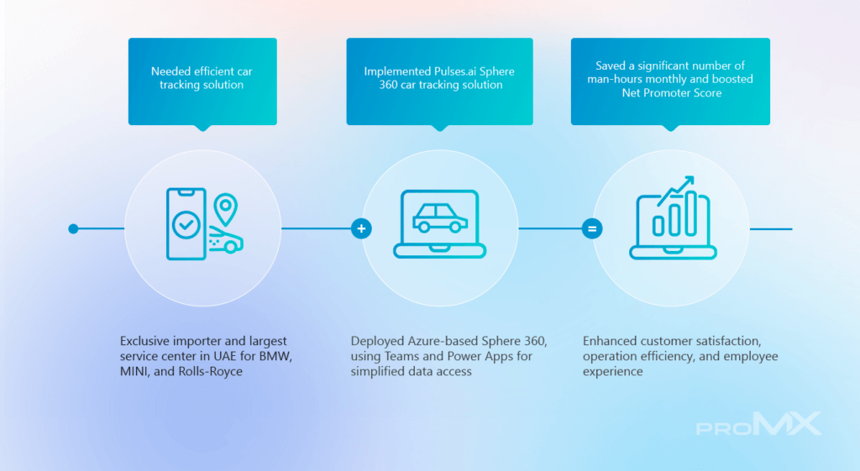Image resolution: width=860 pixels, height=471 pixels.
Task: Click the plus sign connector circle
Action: pyautogui.click(x=361, y=228)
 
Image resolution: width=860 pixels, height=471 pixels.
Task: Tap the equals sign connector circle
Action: pyautogui.click(x=592, y=228)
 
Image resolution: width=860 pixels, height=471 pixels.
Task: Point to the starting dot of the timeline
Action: pyautogui.click(x=74, y=228)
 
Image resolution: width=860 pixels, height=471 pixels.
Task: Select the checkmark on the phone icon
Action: pyautogui.click(x=186, y=224)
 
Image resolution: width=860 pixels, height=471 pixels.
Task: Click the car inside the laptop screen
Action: pyautogui.click(x=440, y=217)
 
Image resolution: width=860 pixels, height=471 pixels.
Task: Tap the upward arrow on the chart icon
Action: pyautogui.click(x=676, y=190)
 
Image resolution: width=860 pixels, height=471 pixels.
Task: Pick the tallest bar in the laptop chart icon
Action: pyautogui.click(x=691, y=212)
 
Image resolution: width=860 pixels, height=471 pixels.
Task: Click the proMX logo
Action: pyautogui.click(x=759, y=424)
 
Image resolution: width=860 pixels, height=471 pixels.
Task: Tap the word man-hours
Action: pyautogui.click(x=614, y=79)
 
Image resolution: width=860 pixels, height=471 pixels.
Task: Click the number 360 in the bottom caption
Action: pyautogui.click(x=533, y=341)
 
